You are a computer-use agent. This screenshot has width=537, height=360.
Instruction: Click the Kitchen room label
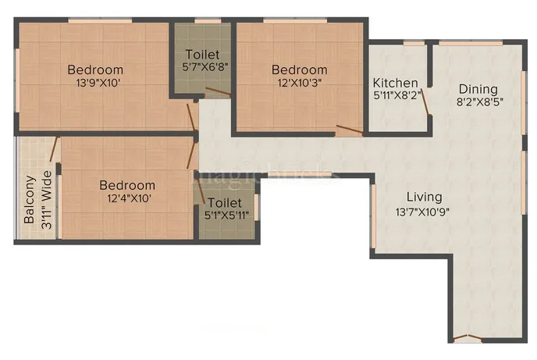pyautogui.click(x=395, y=84)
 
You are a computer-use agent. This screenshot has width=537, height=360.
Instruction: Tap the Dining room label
pyautogui.click(x=478, y=88)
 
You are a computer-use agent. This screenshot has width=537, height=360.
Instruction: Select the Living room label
pyautogui.click(x=423, y=197)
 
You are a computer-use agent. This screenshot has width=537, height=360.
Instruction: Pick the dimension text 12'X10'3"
pyautogui.click(x=300, y=83)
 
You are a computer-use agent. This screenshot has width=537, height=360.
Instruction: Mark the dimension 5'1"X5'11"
pyautogui.click(x=224, y=215)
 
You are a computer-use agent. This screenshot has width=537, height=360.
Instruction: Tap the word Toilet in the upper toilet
pyautogui.click(x=202, y=55)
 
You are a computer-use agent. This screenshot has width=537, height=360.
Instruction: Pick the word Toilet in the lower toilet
pyautogui.click(x=224, y=202)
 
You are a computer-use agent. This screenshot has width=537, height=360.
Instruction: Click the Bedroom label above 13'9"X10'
pyautogui.click(x=95, y=68)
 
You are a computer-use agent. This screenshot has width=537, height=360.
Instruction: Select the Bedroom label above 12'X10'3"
pyautogui.click(x=300, y=70)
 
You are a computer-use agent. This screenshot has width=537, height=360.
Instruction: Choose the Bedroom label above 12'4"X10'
pyautogui.click(x=126, y=186)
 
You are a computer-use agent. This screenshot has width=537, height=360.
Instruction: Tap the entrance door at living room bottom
pyautogui.click(x=465, y=339)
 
